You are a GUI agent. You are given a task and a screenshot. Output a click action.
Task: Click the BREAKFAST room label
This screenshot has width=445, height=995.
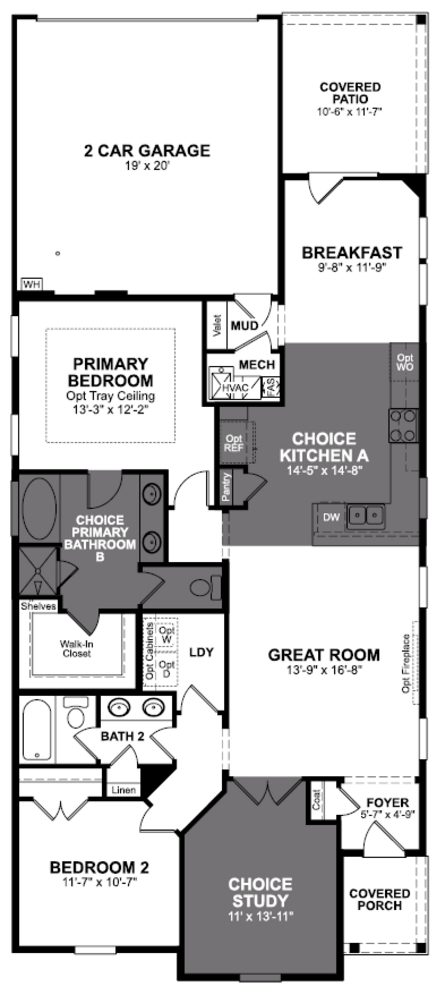click(x=351, y=253)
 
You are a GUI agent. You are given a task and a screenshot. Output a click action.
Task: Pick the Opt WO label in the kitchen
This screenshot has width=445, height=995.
click(x=404, y=362)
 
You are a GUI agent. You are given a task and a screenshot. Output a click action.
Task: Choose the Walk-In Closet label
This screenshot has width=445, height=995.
click(x=76, y=649)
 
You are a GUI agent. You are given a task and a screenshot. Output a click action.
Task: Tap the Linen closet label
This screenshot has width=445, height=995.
click(x=124, y=790)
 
